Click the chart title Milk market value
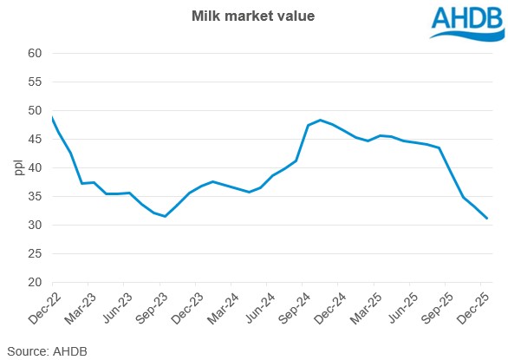pyautogui.click(x=254, y=15)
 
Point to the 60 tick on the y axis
pyautogui.click(x=36, y=53)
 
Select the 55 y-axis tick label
pyautogui.click(x=36, y=82)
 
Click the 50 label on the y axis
pyautogui.click(x=36, y=110)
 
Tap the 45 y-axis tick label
pyautogui.click(x=36, y=139)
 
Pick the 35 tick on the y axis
pyautogui.click(x=36, y=196)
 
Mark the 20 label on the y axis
pyautogui.click(x=36, y=282)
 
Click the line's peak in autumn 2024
pyautogui.click(x=320, y=120)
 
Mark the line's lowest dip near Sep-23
pyautogui.click(x=165, y=216)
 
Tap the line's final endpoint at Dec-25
pyautogui.click(x=487, y=219)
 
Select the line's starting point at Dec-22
pyautogui.click(x=53, y=116)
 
